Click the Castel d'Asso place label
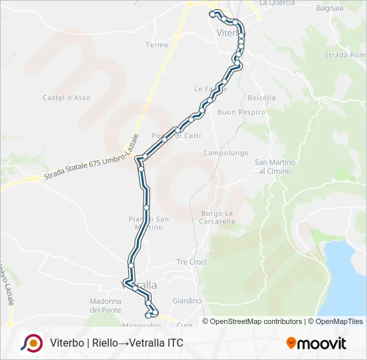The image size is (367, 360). coord(66,98)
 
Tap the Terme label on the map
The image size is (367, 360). coord(157,45)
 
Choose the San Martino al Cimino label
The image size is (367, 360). coord(274,167)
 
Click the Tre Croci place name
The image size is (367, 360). coord(191,262)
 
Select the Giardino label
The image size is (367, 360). coord(187,301)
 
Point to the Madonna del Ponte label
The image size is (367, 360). coord(105,305)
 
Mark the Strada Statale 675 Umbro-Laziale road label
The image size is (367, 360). coord(91,158)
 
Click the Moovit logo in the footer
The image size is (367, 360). coord(316,343)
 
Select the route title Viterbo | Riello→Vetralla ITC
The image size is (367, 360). coord(116,343)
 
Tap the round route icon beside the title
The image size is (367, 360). coord(31,343)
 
